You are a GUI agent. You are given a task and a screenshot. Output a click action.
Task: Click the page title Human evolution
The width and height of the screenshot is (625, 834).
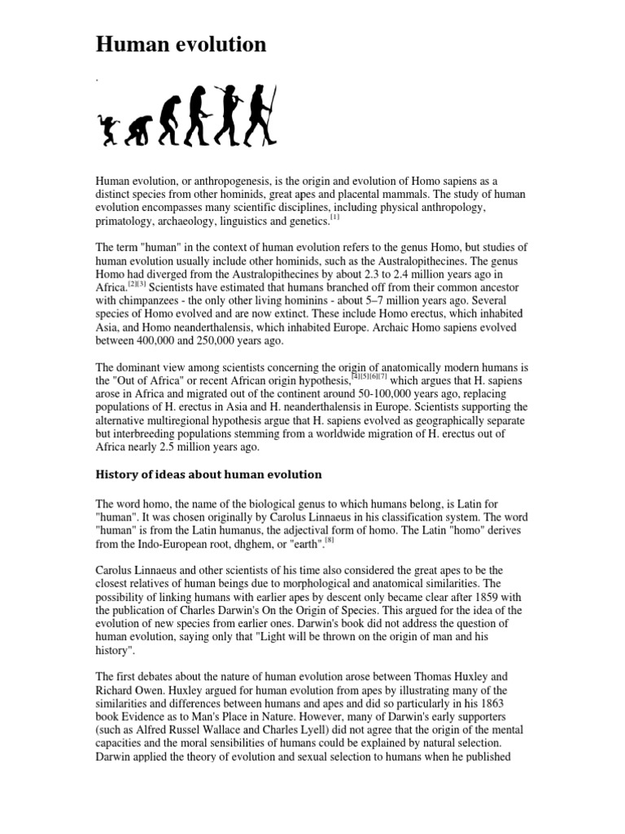pos(181,45)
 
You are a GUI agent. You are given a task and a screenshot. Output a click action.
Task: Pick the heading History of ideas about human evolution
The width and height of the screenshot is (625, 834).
pos(209,474)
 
